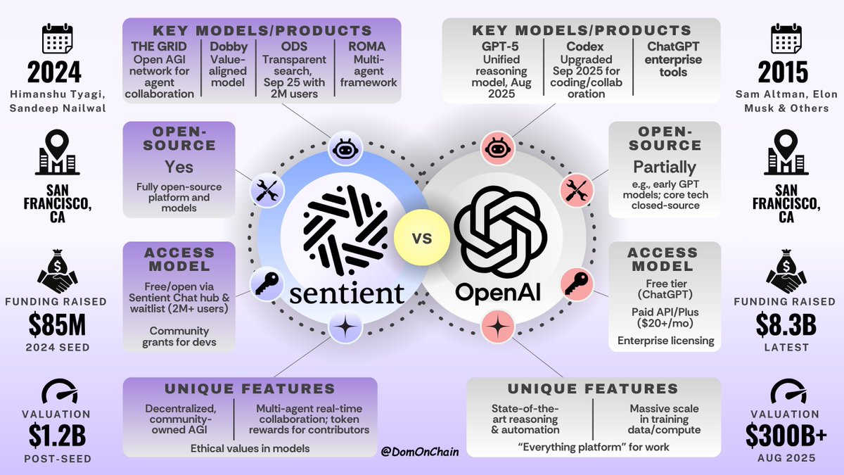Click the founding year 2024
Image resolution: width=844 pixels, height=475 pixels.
tap(54, 72)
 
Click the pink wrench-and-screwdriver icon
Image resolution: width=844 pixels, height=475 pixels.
tap(572, 189)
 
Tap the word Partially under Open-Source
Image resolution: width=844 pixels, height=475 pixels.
tap(665, 167)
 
